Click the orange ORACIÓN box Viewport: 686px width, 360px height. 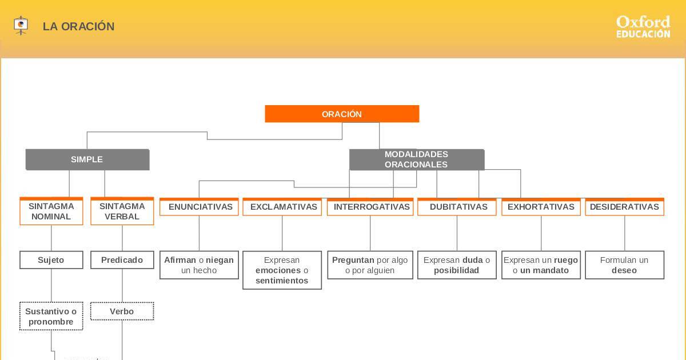pyautogui.click(x=342, y=114)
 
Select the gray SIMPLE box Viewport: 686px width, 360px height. pyautogui.click(x=87, y=159)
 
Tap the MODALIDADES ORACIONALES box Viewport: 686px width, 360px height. pyautogui.click(x=416, y=159)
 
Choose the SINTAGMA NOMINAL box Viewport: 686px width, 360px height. pyautogui.click(x=51, y=211)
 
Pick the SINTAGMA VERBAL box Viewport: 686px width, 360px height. pyautogui.click(x=122, y=211)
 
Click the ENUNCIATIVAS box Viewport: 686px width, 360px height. pyautogui.click(x=199, y=207)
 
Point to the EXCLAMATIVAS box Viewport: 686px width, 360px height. pyautogui.click(x=282, y=207)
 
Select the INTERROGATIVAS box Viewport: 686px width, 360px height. pyautogui.click(x=370, y=207)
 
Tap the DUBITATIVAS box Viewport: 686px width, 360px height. pyautogui.click(x=457, y=207)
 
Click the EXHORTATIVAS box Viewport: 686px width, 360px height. pyautogui.click(x=541, y=207)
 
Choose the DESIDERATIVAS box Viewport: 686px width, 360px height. pyautogui.click(x=624, y=207)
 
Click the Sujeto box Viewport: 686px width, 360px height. pyautogui.click(x=51, y=260)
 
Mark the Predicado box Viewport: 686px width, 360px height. pyautogui.click(x=122, y=260)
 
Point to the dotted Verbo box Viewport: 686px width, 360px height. pyautogui.click(x=122, y=311)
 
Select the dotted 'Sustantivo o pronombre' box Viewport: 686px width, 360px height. pyautogui.click(x=51, y=317)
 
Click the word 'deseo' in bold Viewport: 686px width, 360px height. pyautogui.click(x=624, y=270)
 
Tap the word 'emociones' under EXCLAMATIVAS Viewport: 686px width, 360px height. pyautogui.click(x=278, y=270)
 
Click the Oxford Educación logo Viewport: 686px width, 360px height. pyautogui.click(x=643, y=27)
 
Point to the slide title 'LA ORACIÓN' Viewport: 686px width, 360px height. pyautogui.click(x=78, y=27)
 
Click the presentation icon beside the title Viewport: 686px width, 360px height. pyautogui.click(x=21, y=26)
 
